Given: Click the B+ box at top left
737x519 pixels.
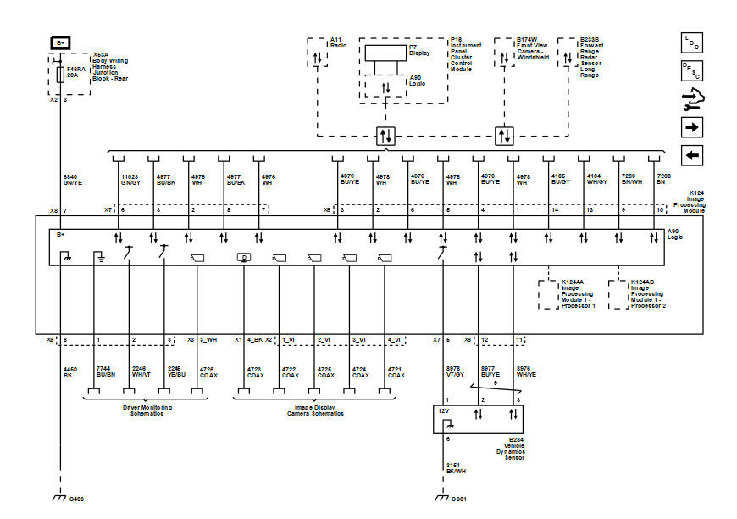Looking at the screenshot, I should [60, 42].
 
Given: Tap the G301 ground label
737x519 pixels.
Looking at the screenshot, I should [458, 499].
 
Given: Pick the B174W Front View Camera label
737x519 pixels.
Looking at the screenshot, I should [536, 48].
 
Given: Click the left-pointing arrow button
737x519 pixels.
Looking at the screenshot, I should [692, 155].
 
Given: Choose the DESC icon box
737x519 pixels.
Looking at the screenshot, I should [692, 71].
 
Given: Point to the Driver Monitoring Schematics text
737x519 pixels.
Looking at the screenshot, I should [141, 410].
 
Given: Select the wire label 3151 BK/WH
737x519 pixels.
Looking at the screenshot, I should [456, 468].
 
